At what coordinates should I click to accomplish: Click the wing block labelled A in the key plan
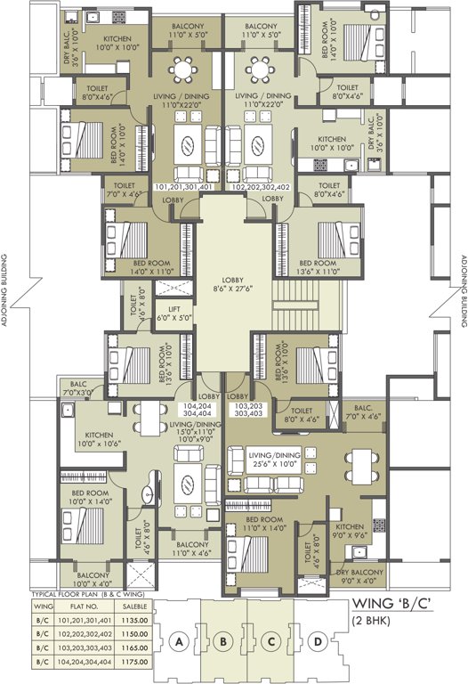(x=181, y=640)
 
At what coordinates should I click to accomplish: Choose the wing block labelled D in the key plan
(x=318, y=640)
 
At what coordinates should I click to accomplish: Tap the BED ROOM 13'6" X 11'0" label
(x=318, y=268)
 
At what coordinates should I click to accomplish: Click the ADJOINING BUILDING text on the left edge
(x=6, y=293)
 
